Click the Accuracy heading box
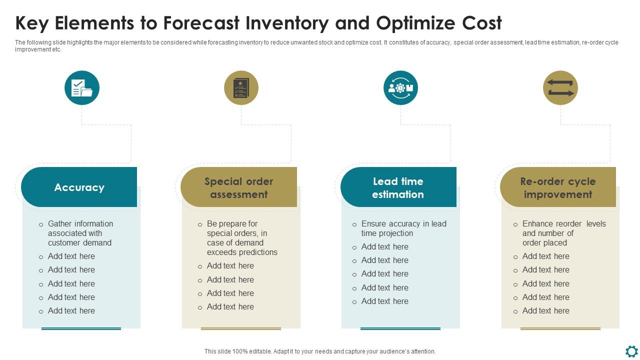pos(79,187)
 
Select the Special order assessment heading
pos(238,187)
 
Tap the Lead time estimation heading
pos(398,187)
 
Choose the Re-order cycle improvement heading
pos(557,187)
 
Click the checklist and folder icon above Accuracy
pos(82,88)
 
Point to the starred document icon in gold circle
pos(241,88)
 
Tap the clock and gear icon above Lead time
pos(400,88)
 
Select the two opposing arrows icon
pos(560,88)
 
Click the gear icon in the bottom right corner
pos(631,350)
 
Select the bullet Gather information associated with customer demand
pos(80,233)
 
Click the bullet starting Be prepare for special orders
pos(241,238)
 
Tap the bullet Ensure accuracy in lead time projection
pos(403,228)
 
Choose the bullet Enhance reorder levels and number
pos(563,233)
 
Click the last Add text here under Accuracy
pos(71,310)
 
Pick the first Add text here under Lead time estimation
pos(384,246)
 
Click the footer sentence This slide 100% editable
pos(320,351)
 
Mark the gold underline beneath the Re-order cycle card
pos(560,328)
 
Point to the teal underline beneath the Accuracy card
pos(81,328)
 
